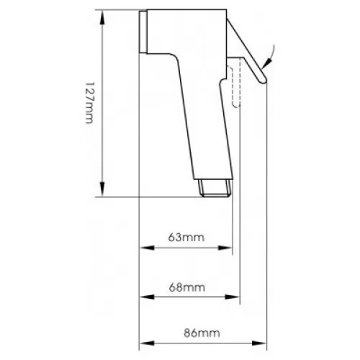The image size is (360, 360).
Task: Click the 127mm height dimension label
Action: point(89,103)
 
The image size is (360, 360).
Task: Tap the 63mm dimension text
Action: point(186,238)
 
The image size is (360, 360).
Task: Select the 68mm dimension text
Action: point(187,287)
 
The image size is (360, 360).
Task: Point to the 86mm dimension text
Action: point(202,333)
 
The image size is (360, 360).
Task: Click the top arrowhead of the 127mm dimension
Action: point(102,17)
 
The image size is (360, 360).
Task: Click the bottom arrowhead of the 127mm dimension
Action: point(102,189)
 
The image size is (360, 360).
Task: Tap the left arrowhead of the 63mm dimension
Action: point(147,248)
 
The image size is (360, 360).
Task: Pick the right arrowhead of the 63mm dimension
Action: point(225,248)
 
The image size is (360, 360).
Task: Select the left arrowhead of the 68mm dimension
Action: point(147,297)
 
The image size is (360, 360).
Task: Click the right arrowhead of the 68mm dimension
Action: point(233,297)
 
